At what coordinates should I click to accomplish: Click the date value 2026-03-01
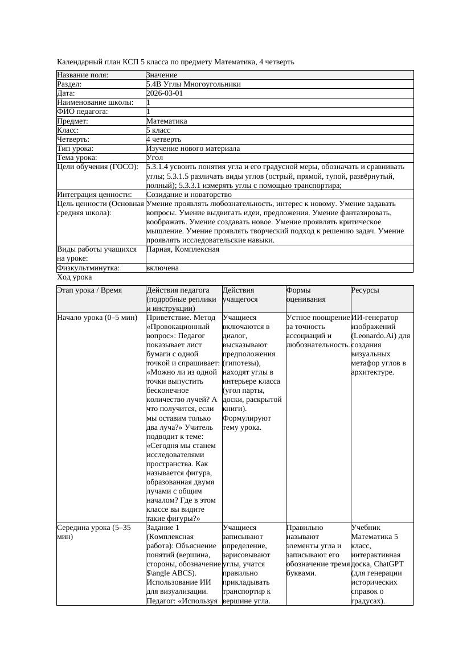[x=165, y=93]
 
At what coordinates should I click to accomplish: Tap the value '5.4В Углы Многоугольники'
[x=193, y=84]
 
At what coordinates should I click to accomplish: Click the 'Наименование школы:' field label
[x=95, y=102]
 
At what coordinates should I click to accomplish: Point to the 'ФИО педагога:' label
[x=83, y=112]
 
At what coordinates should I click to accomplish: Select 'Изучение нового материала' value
[x=193, y=148]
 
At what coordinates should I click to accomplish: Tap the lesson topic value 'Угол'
[x=155, y=157]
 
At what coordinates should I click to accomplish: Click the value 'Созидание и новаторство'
[x=189, y=195]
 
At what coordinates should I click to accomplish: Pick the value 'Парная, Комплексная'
[x=182, y=249]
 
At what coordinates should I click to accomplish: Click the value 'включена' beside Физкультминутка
[x=162, y=268]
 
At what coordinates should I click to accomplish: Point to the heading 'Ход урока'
[x=75, y=277]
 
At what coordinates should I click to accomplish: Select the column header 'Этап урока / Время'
[x=89, y=290]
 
